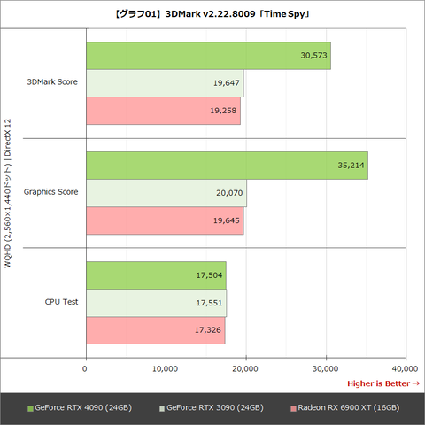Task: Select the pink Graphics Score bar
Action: pos(165,221)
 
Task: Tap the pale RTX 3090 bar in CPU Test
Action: pos(156,302)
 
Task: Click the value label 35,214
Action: pos(351,165)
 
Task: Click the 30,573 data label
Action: pos(314,55)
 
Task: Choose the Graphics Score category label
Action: pos(50,192)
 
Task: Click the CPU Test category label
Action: pos(61,302)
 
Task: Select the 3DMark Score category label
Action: pos(52,83)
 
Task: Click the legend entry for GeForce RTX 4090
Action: pos(81,407)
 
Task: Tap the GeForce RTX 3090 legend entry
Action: pos(211,407)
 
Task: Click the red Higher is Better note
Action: pos(382,383)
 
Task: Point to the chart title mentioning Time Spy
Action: pos(212,12)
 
